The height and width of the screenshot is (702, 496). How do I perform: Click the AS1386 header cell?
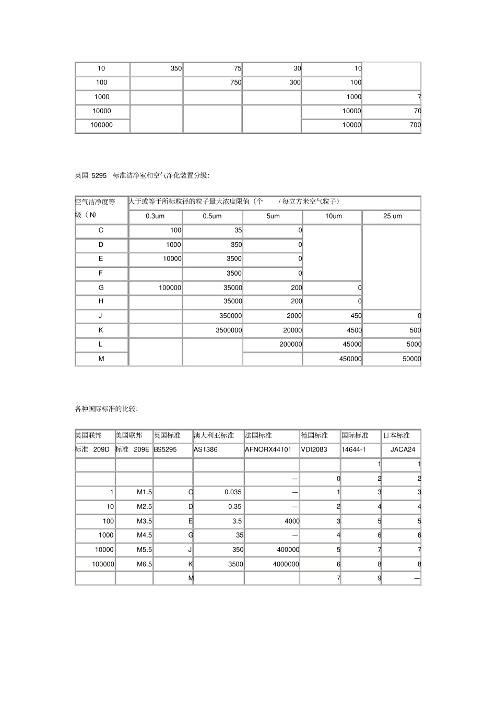pyautogui.click(x=205, y=449)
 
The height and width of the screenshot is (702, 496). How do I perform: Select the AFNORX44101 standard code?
pyautogui.click(x=268, y=449)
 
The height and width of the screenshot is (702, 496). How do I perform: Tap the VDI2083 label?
pyautogui.click(x=314, y=449)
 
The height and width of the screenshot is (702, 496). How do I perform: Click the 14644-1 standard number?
pyautogui.click(x=353, y=449)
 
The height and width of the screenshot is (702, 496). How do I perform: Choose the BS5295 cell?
pyautogui.click(x=165, y=449)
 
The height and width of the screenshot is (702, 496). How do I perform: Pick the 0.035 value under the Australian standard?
pyautogui.click(x=233, y=492)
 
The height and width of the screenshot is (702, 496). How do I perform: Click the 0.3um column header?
pyautogui.click(x=155, y=216)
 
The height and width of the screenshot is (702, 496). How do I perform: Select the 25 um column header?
pyautogui.click(x=392, y=216)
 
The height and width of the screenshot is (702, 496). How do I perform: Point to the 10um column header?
pyautogui.click(x=334, y=216)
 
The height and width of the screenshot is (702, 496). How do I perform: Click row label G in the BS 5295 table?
pyautogui.click(x=101, y=288)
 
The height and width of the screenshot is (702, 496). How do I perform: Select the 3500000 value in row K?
pyautogui.click(x=229, y=330)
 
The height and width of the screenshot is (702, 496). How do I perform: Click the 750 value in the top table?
pyautogui.click(x=235, y=82)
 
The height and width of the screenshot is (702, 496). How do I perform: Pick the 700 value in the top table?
pyautogui.click(x=415, y=125)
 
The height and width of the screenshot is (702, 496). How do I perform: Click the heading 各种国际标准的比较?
pyautogui.click(x=107, y=409)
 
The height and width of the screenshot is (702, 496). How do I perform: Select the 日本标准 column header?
pyautogui.click(x=396, y=435)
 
